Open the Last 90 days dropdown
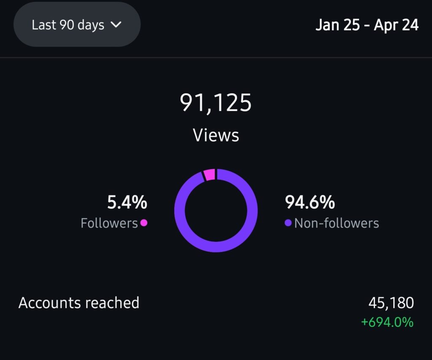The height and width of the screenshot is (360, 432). [77, 24]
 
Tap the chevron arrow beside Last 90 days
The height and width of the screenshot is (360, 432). [116, 24]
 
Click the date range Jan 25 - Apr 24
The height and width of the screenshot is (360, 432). [367, 25]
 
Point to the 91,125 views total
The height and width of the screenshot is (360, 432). [216, 103]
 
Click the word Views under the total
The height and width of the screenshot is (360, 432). [216, 135]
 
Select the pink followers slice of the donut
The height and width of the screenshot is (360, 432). [210, 174]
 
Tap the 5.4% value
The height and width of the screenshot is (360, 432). [127, 203]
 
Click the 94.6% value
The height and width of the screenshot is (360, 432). [310, 203]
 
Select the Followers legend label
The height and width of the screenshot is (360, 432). [109, 223]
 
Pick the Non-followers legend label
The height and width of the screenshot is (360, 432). [336, 223]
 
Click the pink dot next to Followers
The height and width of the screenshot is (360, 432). [144, 222]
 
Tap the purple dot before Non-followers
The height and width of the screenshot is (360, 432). [288, 222]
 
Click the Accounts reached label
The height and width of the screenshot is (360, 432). [79, 303]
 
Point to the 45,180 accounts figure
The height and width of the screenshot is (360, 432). [391, 303]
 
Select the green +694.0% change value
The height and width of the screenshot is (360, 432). [387, 322]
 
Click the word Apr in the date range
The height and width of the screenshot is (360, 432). [386, 25]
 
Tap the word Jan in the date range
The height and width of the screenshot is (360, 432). [327, 25]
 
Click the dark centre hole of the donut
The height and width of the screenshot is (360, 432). [216, 210]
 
